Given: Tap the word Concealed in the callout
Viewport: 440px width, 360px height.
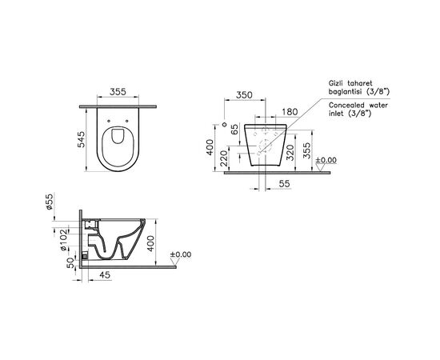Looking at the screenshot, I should click(346, 105).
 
